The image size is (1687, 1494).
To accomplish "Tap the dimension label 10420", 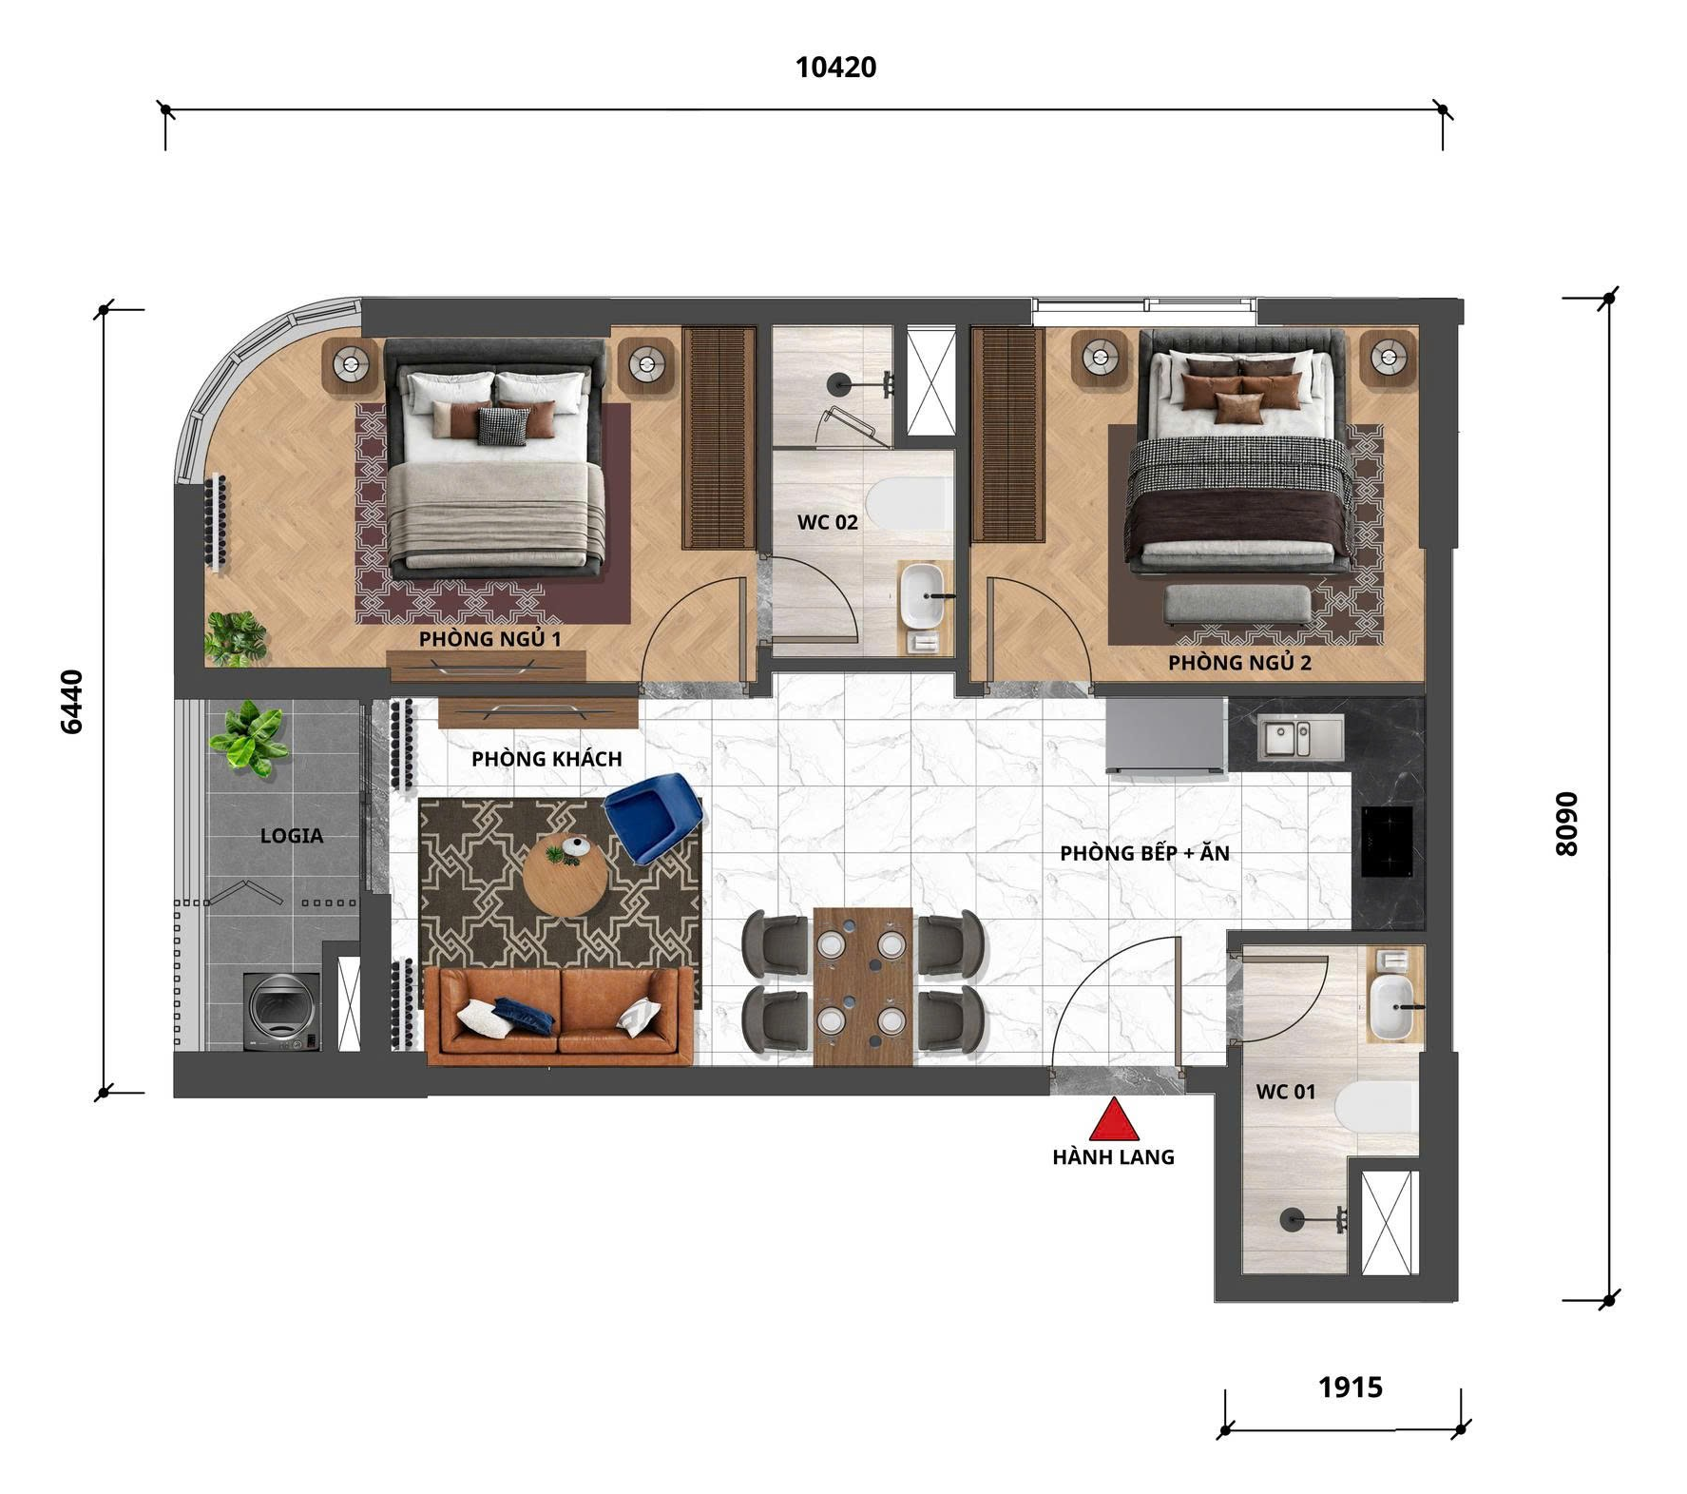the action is click(x=835, y=68).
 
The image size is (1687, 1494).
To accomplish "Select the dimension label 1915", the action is click(x=1351, y=1387).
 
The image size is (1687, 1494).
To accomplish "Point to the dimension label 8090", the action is click(x=1564, y=824).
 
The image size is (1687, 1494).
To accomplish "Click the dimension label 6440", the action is click(x=72, y=702).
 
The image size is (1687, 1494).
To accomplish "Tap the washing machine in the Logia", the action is click(x=282, y=1011).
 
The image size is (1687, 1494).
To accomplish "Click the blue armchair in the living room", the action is click(x=654, y=817).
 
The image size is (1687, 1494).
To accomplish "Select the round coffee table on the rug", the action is click(x=566, y=876).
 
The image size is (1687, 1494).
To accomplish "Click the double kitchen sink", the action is click(x=1300, y=738).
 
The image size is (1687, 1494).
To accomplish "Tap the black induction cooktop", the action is click(x=1387, y=841).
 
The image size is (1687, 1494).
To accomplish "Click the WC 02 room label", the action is click(x=827, y=522).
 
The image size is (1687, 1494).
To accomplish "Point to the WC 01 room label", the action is click(x=1286, y=1092).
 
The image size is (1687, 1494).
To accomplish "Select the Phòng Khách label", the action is click(x=546, y=759).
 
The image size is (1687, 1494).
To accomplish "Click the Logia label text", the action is click(x=292, y=836).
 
